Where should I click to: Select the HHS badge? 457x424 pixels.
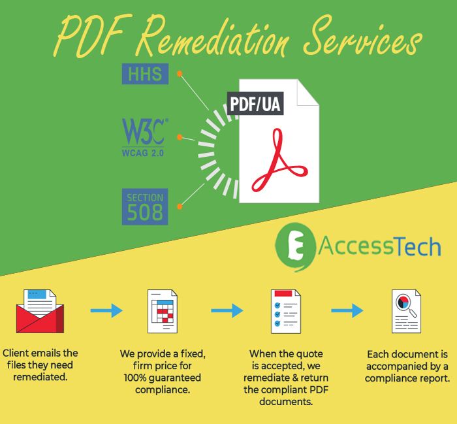tap(145, 74)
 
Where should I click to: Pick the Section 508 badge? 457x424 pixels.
tap(145, 206)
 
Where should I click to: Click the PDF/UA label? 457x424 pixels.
tap(255, 104)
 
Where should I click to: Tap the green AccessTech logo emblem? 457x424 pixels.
tap(295, 248)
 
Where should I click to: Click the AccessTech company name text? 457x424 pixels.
tap(380, 246)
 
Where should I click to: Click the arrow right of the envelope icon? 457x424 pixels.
tap(106, 310)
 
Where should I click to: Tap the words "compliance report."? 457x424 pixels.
tap(407, 378)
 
